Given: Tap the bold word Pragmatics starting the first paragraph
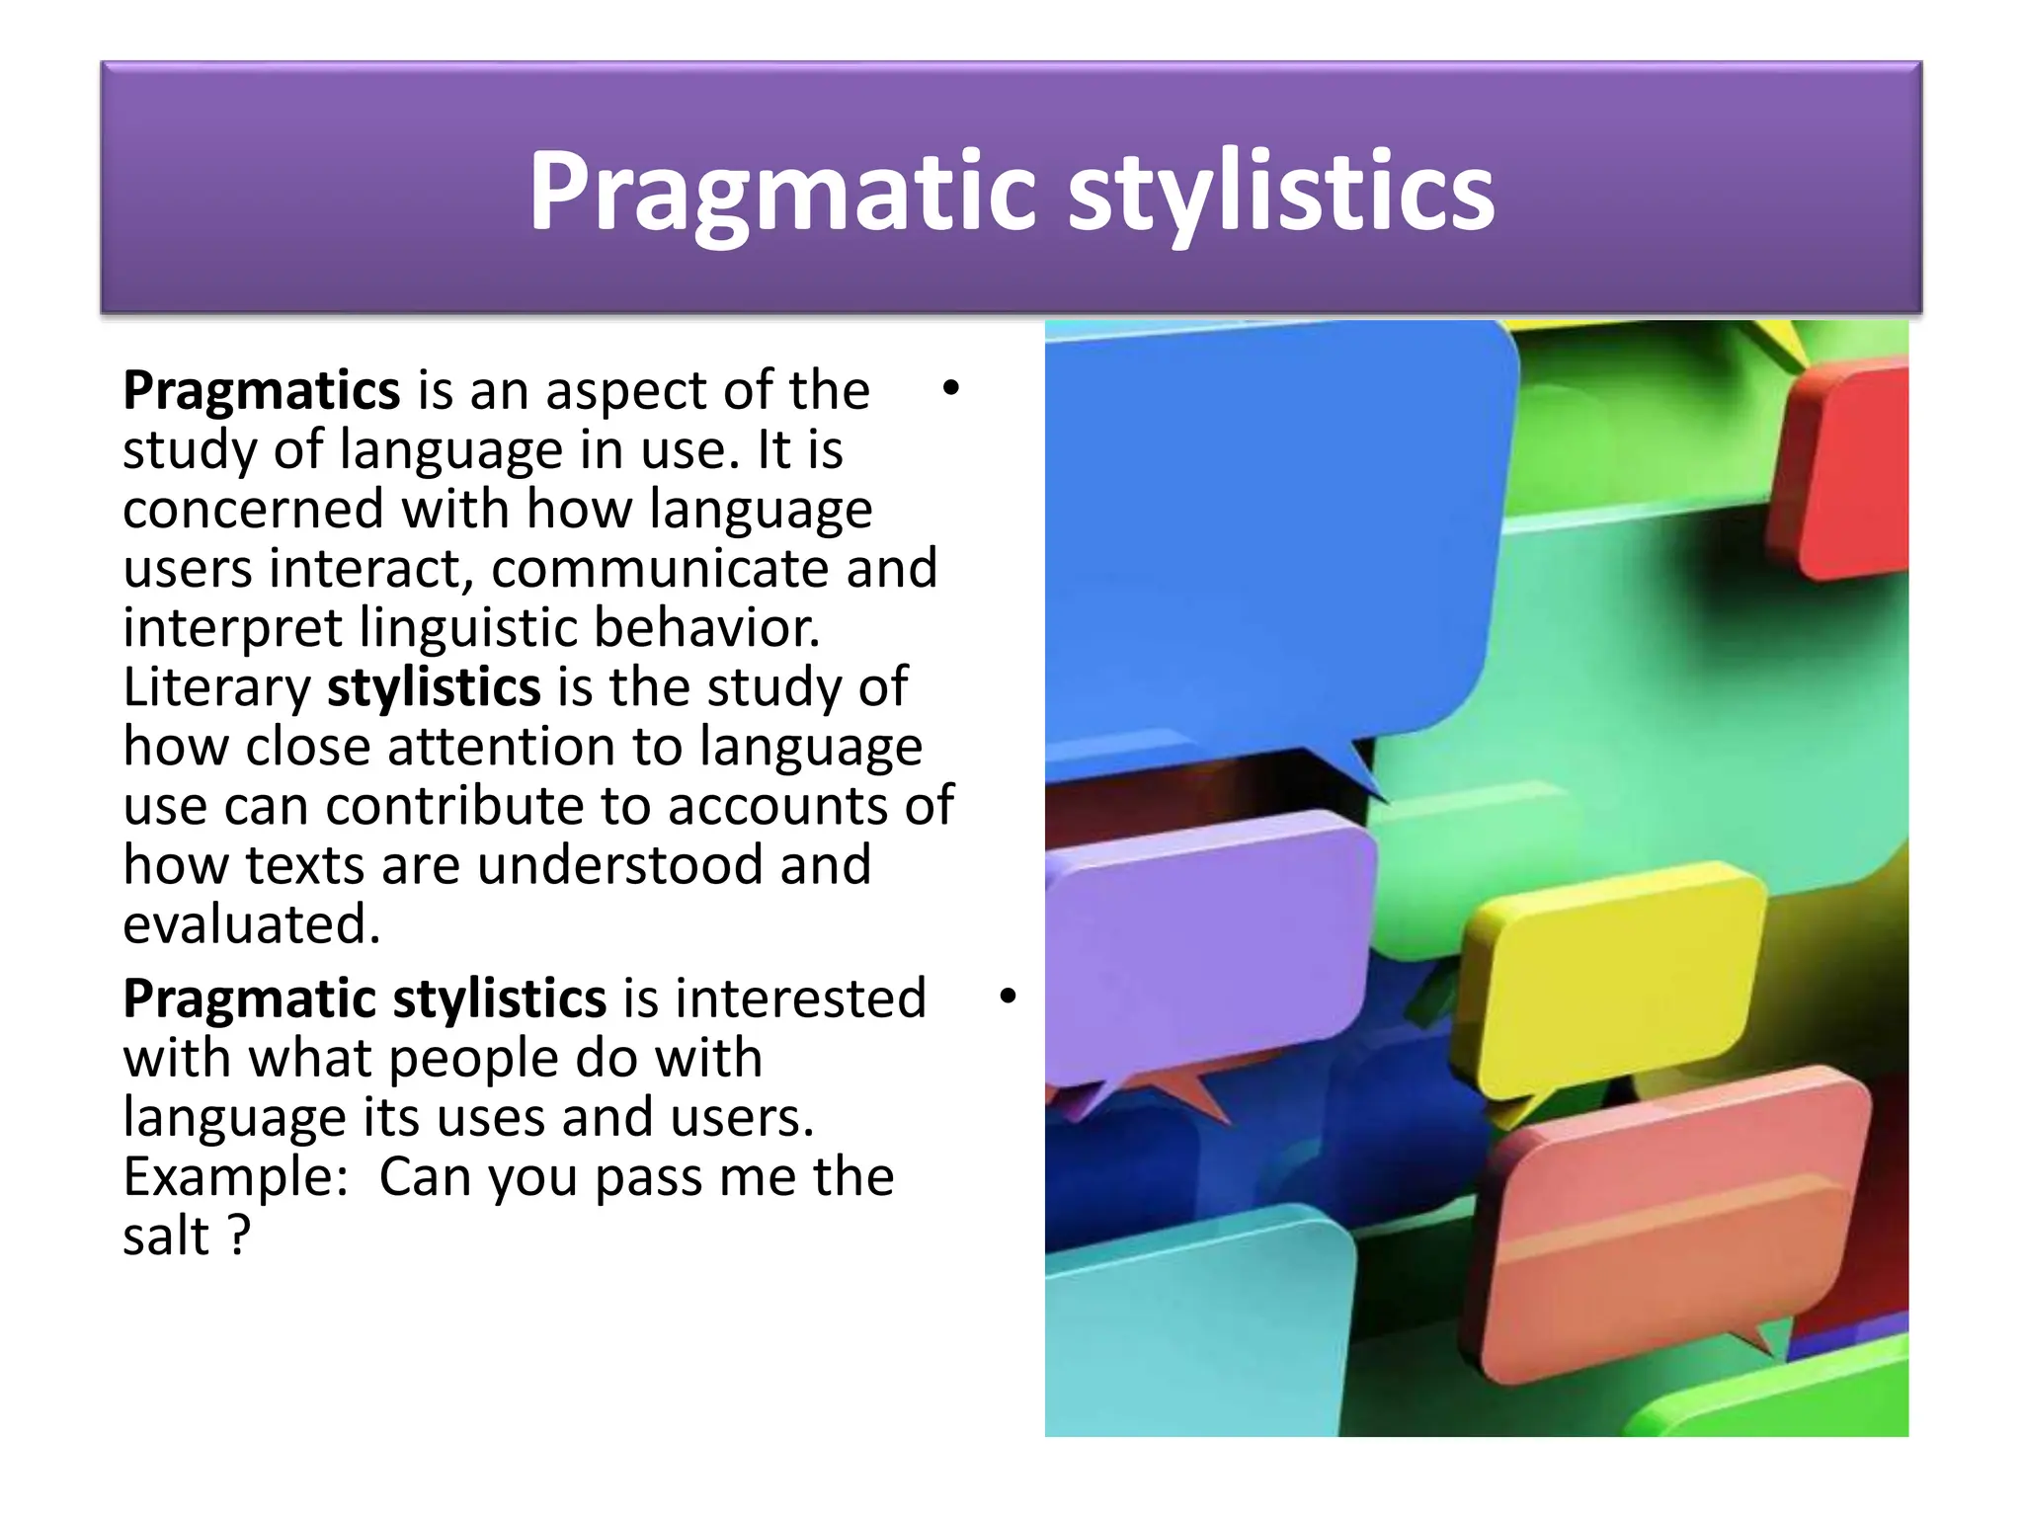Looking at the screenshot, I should tap(261, 391).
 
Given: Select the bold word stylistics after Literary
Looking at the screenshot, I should tap(434, 687).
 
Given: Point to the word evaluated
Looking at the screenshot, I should tap(251, 925).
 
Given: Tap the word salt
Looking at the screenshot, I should tap(166, 1237).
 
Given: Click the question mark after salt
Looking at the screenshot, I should tap(239, 1237).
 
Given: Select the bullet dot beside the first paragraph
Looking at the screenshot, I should tap(950, 388).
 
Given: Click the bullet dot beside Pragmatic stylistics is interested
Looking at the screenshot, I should tap(1007, 996).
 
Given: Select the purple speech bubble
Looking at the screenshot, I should tap(1205, 948).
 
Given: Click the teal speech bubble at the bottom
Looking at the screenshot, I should tap(1195, 1333).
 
